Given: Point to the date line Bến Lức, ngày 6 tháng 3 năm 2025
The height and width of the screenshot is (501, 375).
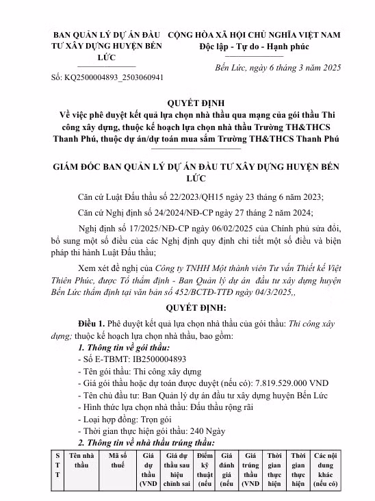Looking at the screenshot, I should (284, 69).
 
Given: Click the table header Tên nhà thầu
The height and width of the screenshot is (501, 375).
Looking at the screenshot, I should (81, 460).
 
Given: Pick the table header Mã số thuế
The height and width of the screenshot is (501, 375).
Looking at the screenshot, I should (118, 460).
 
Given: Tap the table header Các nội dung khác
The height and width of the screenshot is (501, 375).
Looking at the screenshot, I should (326, 470).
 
